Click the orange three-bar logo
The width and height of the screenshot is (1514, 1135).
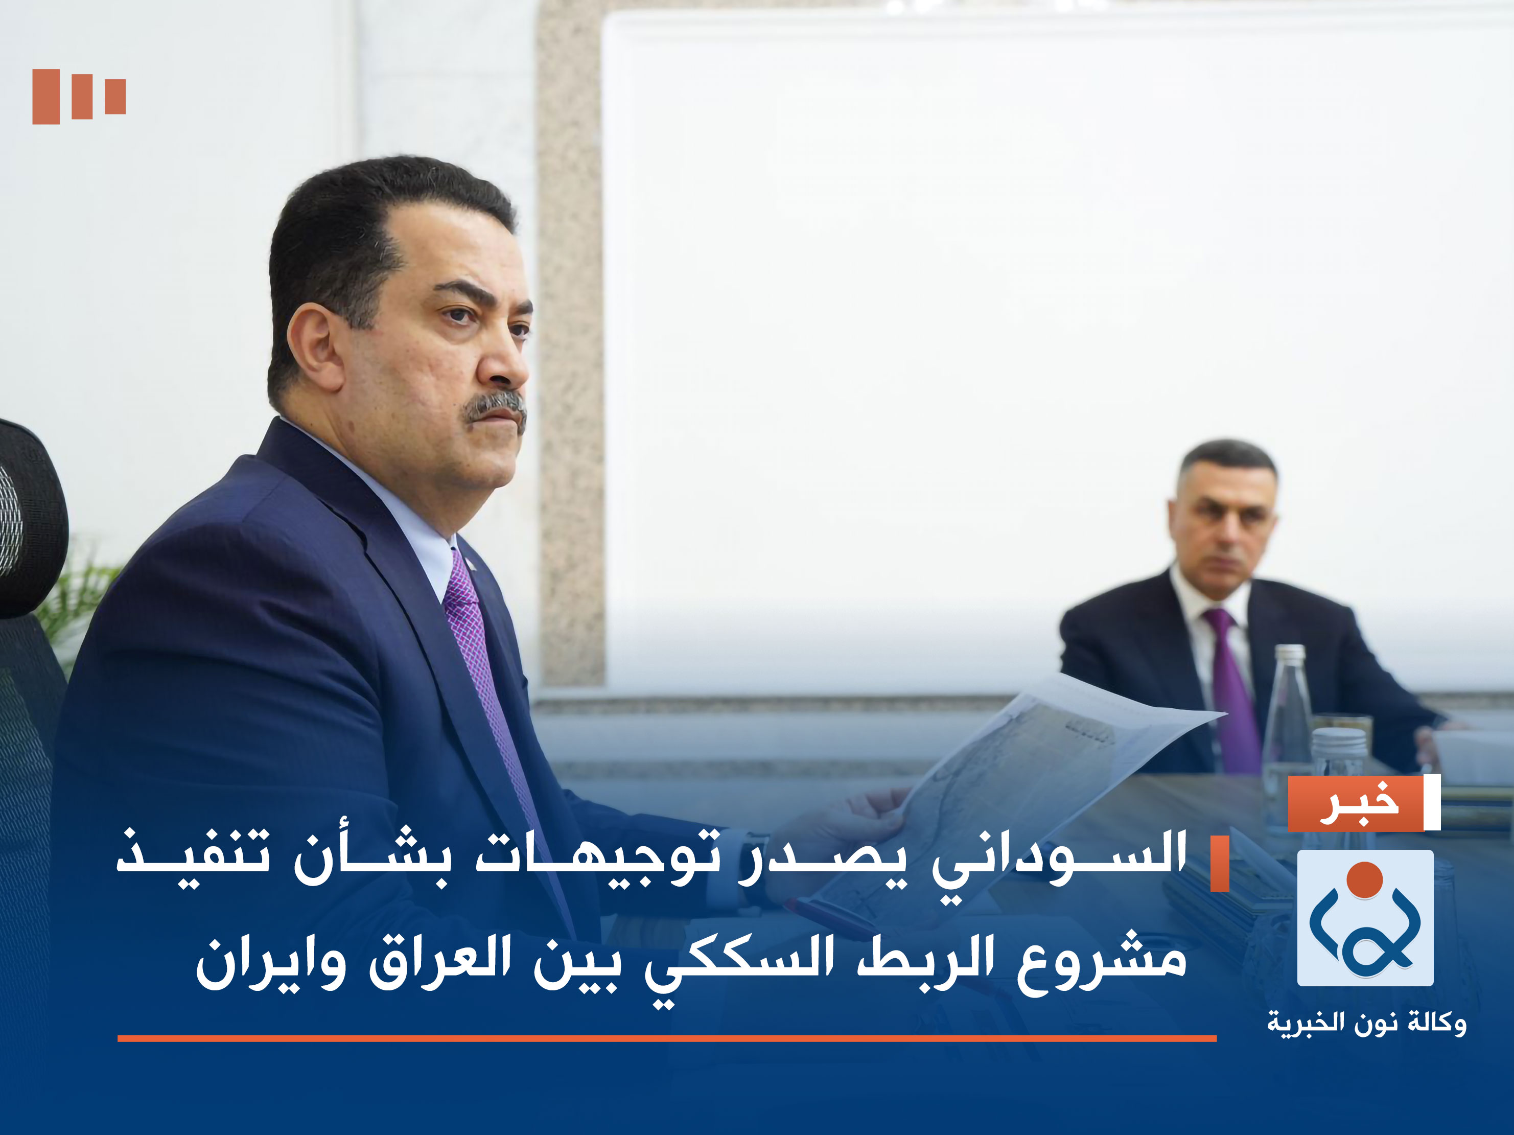click(x=79, y=97)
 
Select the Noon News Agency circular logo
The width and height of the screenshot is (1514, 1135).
click(x=1365, y=918)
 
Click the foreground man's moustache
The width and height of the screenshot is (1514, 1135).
click(x=494, y=407)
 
